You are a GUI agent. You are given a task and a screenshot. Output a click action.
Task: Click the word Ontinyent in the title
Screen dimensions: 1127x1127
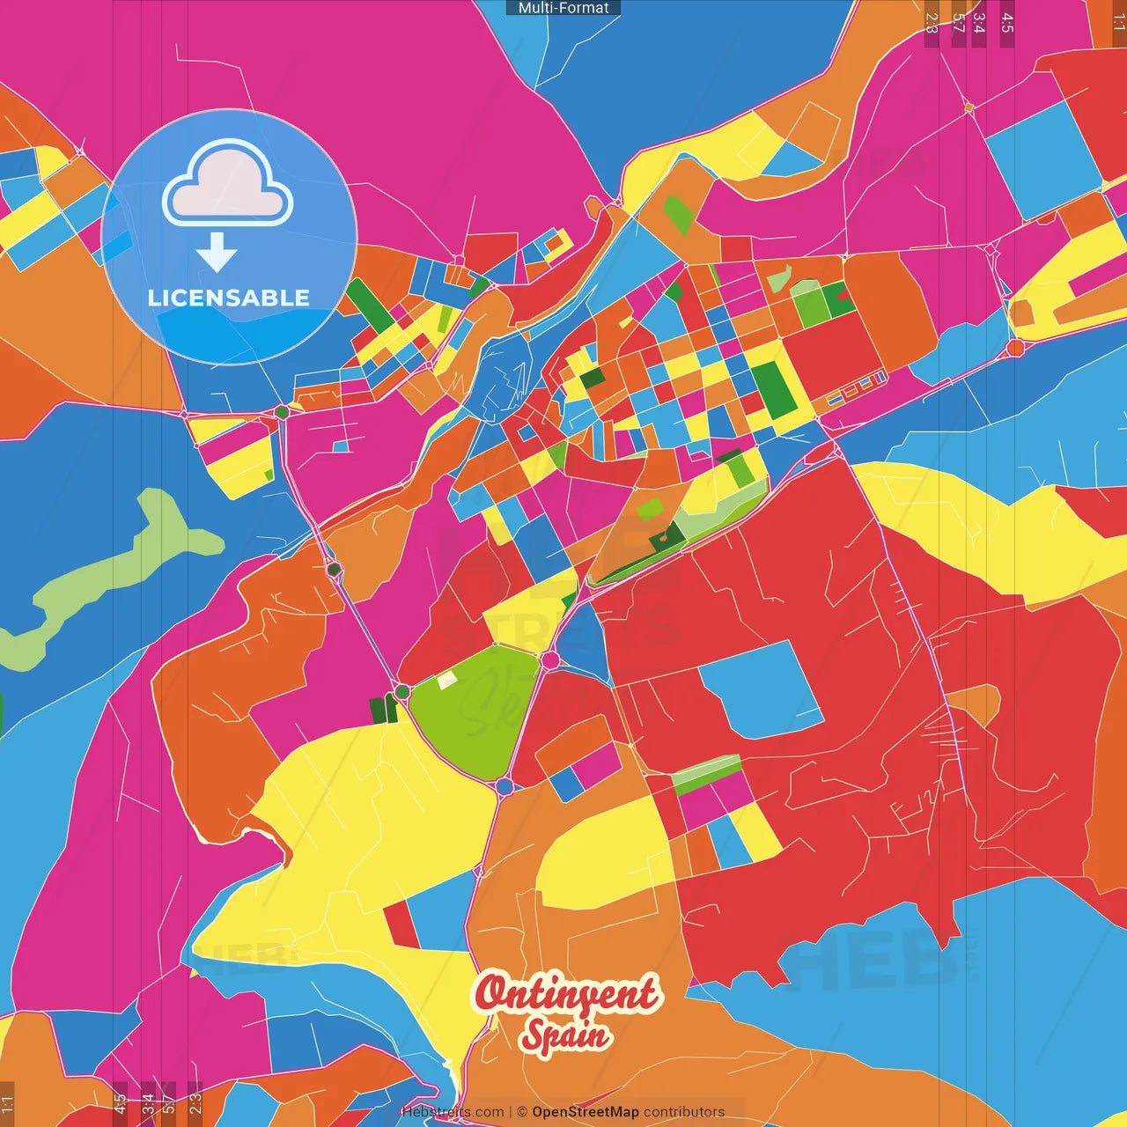tap(565, 993)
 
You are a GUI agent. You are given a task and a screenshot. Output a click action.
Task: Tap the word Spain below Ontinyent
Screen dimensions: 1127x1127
tap(565, 1034)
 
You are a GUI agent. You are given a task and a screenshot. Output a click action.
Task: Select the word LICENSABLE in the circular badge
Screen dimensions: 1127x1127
tap(229, 298)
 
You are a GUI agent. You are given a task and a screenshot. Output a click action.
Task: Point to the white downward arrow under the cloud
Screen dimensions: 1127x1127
tap(217, 253)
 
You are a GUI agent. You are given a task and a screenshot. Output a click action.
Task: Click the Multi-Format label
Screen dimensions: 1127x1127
tap(563, 8)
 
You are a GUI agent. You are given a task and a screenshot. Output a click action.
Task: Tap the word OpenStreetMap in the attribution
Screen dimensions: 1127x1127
tap(585, 1112)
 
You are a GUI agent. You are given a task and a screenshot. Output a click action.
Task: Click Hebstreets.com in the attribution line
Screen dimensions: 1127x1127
tap(453, 1112)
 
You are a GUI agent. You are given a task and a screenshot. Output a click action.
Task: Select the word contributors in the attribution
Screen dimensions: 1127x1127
tap(684, 1112)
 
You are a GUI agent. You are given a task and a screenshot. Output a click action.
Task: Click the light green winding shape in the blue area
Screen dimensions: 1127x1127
tap(114, 572)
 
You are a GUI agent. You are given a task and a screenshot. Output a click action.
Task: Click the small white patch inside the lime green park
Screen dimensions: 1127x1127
tap(447, 680)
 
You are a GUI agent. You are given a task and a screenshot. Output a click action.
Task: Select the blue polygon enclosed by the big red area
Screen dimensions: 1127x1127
tap(759, 687)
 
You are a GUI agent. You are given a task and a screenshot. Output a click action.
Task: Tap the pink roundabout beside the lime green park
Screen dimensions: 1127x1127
tap(551, 659)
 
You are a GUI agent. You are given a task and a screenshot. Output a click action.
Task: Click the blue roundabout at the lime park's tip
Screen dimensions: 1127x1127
tap(505, 786)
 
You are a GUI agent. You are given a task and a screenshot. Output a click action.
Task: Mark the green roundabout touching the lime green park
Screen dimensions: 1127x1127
tap(402, 692)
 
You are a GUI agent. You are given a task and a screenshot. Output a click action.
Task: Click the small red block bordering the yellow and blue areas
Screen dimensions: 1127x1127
tap(401, 924)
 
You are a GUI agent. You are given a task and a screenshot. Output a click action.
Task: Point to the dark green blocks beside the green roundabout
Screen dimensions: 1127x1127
tap(382, 709)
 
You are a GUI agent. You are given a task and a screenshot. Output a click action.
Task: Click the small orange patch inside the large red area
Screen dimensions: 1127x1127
tap(976, 704)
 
